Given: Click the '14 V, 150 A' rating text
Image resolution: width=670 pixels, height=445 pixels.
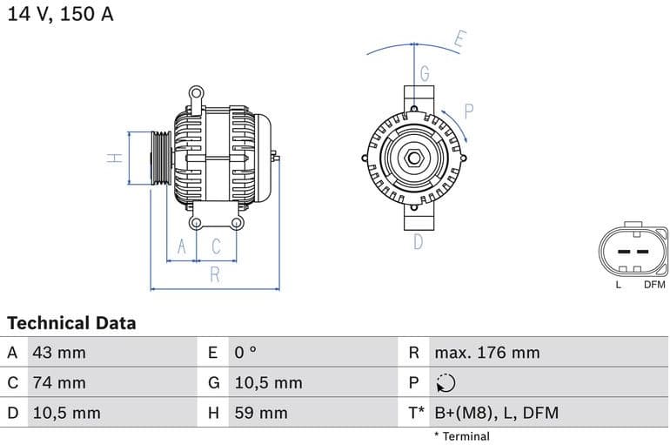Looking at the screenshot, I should point(60,15).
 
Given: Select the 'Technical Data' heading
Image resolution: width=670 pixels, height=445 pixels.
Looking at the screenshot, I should point(71,323).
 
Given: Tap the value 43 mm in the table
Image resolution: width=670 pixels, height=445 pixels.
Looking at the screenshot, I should point(58,353).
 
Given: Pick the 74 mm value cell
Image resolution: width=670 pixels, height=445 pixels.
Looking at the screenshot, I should point(58,383).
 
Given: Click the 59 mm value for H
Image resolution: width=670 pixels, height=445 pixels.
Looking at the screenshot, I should point(260,413).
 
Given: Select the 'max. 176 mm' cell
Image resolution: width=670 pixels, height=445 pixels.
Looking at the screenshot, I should point(486,353).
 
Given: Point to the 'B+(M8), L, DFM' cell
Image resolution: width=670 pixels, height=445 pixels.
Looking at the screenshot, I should point(496,413).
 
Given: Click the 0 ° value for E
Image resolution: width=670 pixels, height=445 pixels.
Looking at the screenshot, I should point(245,353).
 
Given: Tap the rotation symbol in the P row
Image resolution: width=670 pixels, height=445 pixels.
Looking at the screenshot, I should point(445,383).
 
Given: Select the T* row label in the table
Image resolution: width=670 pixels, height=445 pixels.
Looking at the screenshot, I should point(416,413).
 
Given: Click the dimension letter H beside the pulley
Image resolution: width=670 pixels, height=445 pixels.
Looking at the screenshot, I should point(113,158).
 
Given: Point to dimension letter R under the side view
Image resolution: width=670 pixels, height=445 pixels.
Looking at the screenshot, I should point(215,275).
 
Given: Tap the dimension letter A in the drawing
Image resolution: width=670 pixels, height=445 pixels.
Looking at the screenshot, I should point(182,247).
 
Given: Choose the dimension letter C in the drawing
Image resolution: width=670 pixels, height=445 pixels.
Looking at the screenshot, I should point(216,247).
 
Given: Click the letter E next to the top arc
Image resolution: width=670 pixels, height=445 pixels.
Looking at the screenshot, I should point(460,39).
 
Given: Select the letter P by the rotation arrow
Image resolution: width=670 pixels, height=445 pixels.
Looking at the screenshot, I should point(468,111).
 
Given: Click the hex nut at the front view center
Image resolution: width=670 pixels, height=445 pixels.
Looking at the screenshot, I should point(414,159).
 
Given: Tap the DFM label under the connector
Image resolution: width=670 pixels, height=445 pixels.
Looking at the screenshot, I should point(654,285).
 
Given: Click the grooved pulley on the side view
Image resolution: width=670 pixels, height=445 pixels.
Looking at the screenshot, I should point(161,158).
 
